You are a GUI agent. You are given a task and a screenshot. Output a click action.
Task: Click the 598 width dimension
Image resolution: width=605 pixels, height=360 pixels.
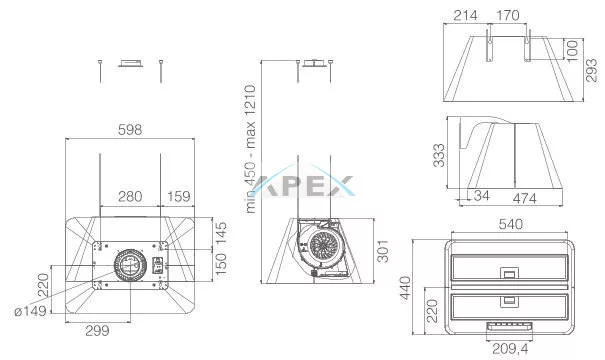[x=130, y=130]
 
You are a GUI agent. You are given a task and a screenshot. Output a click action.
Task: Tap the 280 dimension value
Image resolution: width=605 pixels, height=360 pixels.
[x=130, y=196]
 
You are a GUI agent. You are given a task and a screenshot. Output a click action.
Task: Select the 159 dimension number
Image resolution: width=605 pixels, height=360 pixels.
[x=179, y=196]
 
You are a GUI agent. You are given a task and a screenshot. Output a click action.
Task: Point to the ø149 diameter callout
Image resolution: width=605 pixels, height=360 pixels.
[x=30, y=311]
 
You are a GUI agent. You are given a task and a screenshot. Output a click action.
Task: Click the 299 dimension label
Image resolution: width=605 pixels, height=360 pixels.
[x=97, y=331]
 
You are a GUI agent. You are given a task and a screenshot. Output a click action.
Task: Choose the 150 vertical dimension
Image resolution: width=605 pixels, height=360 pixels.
[x=221, y=264]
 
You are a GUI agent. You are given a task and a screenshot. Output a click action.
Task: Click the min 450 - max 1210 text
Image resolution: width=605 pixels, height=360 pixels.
[x=250, y=149]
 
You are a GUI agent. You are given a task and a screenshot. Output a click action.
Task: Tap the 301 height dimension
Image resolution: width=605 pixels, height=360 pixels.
[x=383, y=251]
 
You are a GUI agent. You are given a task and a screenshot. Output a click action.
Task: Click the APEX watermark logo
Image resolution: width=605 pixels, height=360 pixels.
[x=305, y=183]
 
